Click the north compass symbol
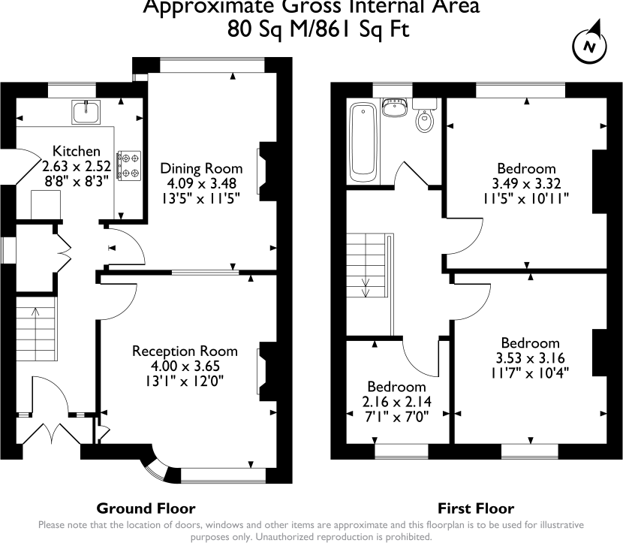(590, 46)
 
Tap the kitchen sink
(86, 113)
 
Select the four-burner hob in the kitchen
(131, 166)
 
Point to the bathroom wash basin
(393, 109)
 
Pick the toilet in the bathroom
(426, 118)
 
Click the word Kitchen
(73, 150)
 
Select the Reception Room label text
(185, 351)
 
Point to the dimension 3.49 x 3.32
(525, 183)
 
